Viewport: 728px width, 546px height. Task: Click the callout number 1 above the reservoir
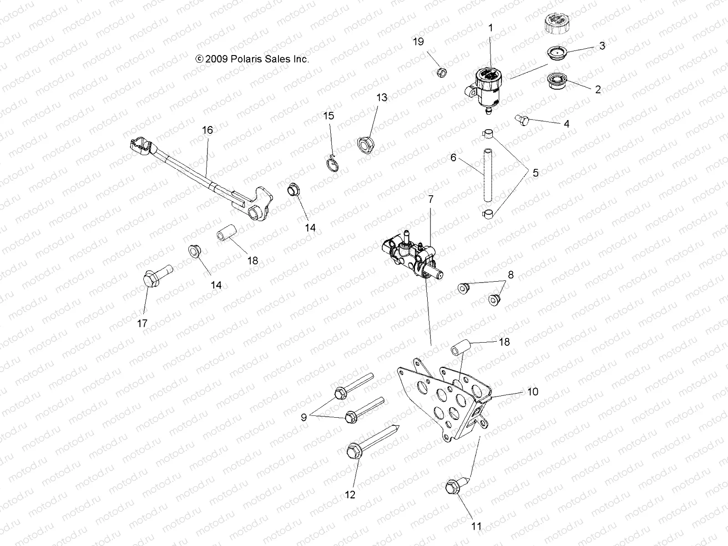[x=490, y=28]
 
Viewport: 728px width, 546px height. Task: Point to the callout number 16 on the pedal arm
[x=207, y=130]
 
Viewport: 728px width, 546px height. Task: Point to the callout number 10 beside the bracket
[x=532, y=391]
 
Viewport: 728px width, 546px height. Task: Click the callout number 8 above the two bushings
[x=511, y=274]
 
